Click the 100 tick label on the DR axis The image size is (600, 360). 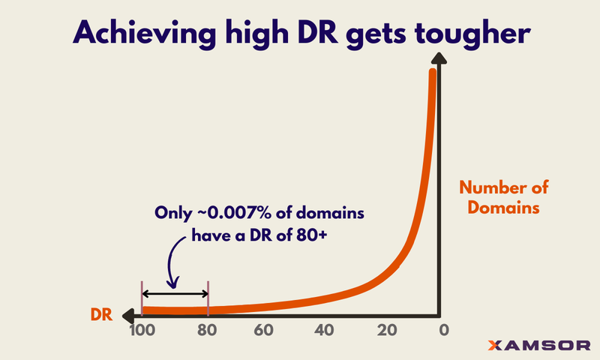click(141, 331)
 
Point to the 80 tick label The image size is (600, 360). click(208, 331)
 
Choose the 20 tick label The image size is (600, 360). click(386, 331)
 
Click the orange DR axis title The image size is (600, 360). click(103, 316)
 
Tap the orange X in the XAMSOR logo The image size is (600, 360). click(495, 346)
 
